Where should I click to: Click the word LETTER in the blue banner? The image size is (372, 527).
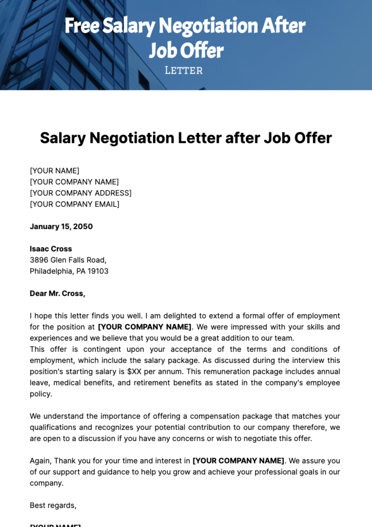click(x=184, y=71)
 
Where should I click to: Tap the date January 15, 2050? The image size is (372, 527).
click(x=61, y=226)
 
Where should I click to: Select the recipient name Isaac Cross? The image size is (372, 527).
click(x=51, y=249)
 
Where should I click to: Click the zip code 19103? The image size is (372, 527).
click(x=98, y=271)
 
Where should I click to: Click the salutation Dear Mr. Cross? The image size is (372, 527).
click(x=57, y=293)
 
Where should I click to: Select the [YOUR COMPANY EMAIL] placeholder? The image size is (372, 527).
click(x=74, y=204)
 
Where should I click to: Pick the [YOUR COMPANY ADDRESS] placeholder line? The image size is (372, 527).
click(x=81, y=193)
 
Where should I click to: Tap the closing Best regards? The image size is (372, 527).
click(x=53, y=505)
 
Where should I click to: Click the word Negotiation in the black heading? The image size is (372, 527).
click(x=132, y=138)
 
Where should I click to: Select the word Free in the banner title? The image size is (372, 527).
click(x=82, y=26)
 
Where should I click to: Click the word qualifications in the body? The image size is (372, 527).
click(x=53, y=427)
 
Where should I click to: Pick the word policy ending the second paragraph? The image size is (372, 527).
click(x=41, y=394)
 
